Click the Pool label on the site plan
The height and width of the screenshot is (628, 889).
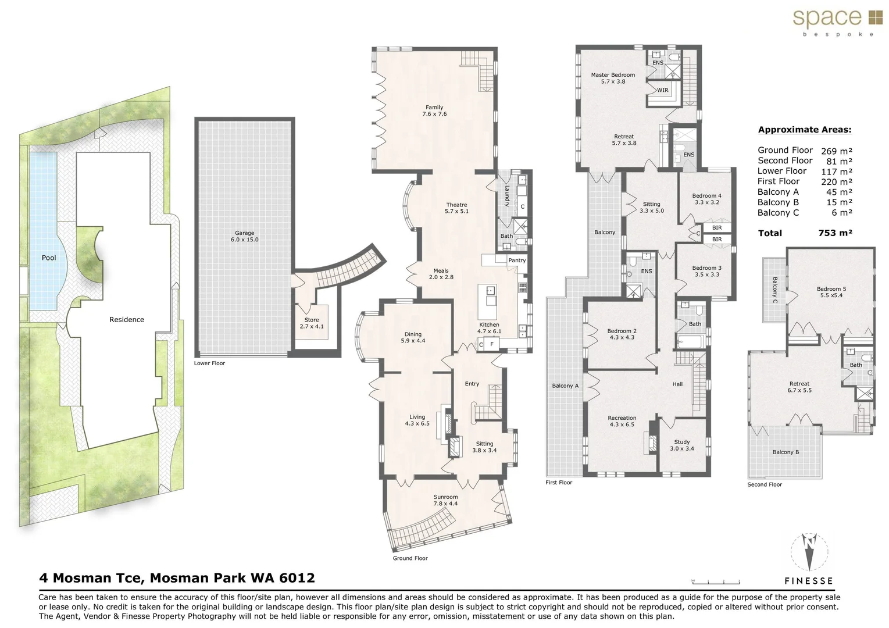tap(49, 258)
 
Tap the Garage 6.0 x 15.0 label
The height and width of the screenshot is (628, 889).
tap(244, 236)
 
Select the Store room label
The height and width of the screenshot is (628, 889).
tap(312, 323)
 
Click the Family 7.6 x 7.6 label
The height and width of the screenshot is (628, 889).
tap(434, 110)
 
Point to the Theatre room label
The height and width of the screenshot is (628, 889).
tap(456, 208)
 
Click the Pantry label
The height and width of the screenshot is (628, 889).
tap(517, 261)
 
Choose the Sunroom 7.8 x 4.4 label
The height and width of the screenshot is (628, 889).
tap(445, 500)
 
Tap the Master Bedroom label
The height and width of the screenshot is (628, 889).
tap(613, 78)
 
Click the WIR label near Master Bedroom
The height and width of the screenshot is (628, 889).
tap(663, 90)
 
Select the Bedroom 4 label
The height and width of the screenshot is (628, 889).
tap(707, 199)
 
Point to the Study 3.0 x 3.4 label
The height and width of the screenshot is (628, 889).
tap(682, 445)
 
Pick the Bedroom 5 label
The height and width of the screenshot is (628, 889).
tap(831, 292)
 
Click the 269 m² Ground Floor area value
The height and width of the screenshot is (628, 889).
tap(836, 151)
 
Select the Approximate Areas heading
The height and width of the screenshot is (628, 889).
tap(804, 130)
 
